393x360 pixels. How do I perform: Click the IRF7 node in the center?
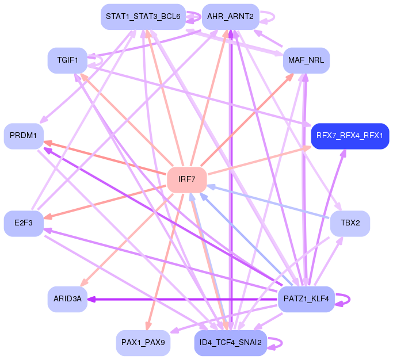click(186, 179)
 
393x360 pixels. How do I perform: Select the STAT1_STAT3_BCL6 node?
click(143, 16)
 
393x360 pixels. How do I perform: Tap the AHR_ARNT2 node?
click(230, 16)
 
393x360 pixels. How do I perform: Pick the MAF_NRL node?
click(306, 60)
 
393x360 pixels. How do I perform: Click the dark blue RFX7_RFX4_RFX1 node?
click(350, 136)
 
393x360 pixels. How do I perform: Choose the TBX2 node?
click(350, 223)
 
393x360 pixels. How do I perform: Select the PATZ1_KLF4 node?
click(306, 298)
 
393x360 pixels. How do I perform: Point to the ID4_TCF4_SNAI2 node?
click(230, 343)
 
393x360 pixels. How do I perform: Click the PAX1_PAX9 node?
click(143, 343)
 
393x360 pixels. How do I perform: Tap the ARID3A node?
click(67, 298)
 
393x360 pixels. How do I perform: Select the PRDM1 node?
click(24, 136)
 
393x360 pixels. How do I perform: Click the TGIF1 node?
click(67, 60)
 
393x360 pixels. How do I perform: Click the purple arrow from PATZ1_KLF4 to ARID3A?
click(184, 299)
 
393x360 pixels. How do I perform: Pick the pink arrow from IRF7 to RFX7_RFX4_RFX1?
click(259, 161)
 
